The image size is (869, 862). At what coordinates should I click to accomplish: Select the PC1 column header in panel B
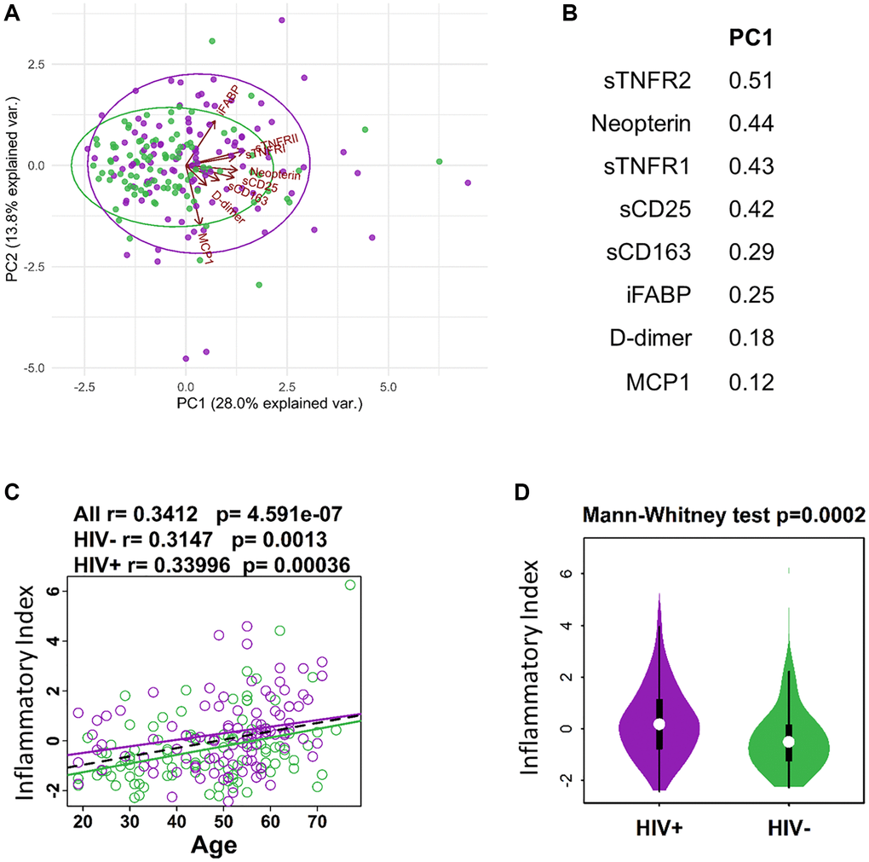tap(750, 38)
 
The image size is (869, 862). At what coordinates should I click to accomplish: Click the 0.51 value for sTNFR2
tap(750, 81)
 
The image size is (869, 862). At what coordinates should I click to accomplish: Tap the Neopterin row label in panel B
tap(641, 124)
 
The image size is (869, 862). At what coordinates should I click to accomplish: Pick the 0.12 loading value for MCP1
tap(750, 382)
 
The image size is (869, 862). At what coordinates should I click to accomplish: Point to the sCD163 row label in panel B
tap(653, 252)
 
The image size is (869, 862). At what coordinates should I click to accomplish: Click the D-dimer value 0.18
tap(750, 338)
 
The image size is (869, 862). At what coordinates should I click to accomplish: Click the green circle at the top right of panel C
tap(349, 585)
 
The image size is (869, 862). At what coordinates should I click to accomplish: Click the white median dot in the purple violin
tap(659, 724)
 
